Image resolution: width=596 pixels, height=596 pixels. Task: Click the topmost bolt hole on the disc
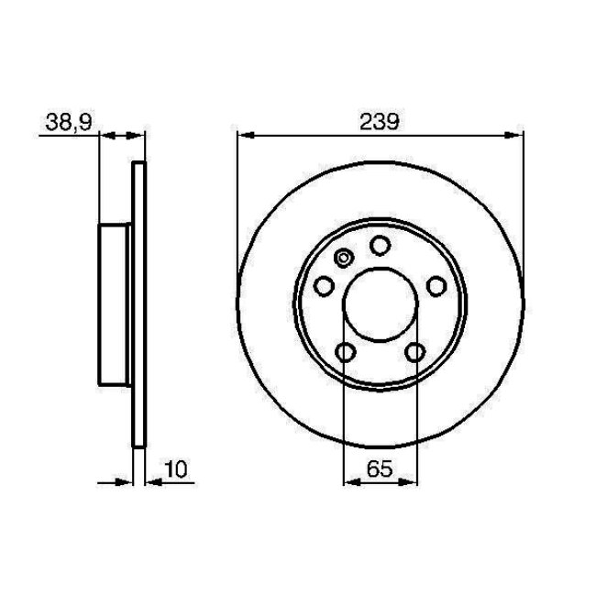379,245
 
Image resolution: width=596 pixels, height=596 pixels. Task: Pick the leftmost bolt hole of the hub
323,288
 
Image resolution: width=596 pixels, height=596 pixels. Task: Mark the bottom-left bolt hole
345,352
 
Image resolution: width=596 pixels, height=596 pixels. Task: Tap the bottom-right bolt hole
414,352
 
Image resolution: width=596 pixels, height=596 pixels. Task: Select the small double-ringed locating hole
344,259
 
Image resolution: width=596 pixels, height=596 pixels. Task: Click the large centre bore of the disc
379,305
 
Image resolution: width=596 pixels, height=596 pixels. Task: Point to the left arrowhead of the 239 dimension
244,136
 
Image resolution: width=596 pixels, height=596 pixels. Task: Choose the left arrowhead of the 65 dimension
348,481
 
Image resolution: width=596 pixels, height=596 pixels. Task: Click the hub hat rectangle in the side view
116,304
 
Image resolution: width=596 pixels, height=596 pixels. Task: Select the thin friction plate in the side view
139,304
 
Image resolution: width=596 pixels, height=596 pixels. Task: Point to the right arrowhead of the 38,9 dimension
139,136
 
